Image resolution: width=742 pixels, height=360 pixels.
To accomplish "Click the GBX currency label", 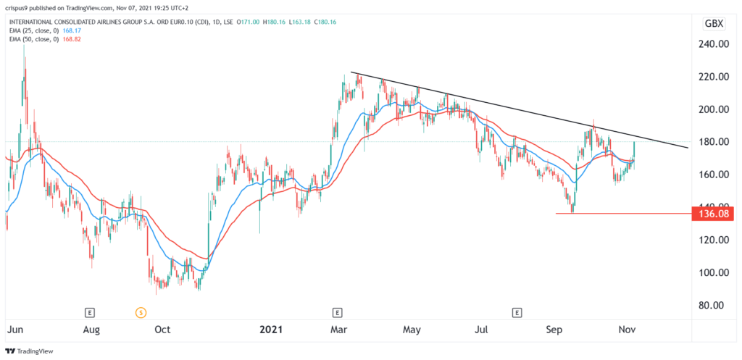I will click(x=714, y=24).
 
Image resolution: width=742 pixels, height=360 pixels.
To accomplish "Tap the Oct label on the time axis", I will click(x=162, y=330).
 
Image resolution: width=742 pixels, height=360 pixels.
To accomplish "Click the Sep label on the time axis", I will click(x=554, y=330).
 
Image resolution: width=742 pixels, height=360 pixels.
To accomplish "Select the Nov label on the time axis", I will click(x=626, y=330).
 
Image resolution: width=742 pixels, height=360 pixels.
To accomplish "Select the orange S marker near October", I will click(x=141, y=313).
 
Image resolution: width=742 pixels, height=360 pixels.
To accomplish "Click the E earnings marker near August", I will click(x=90, y=313).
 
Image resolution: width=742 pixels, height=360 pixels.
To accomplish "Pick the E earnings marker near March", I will click(x=337, y=313).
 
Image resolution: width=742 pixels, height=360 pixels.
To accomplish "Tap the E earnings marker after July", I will click(x=517, y=313).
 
